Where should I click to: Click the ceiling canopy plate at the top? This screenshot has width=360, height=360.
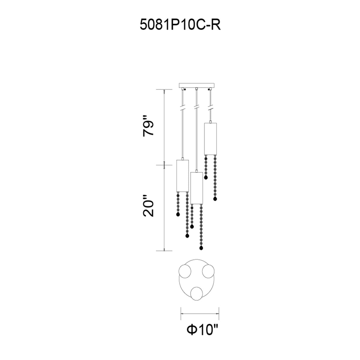196,85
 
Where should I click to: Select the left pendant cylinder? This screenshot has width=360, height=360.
182,175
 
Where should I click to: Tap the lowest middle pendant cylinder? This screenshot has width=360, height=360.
196,188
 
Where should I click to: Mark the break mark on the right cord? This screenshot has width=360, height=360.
211,108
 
